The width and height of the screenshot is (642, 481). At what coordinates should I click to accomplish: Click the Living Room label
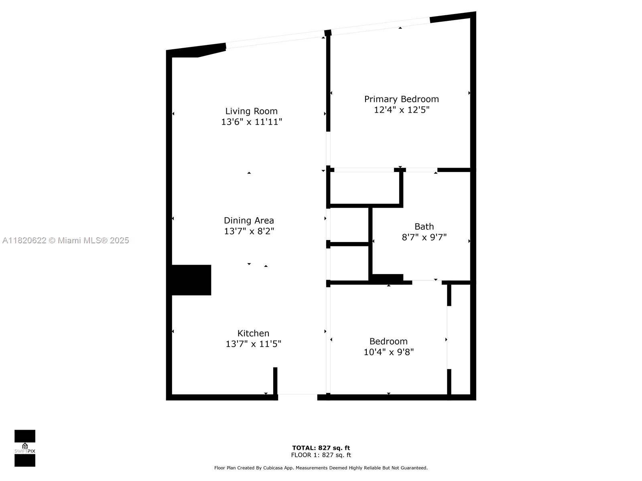[x=251, y=111]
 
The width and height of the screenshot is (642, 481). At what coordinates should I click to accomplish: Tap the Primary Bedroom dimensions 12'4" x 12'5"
[x=402, y=110]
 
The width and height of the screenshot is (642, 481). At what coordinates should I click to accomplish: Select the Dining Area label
[x=249, y=220]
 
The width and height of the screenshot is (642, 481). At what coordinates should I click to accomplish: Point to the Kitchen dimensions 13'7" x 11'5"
[x=253, y=344]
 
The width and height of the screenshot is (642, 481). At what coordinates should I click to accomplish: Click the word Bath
[x=424, y=226]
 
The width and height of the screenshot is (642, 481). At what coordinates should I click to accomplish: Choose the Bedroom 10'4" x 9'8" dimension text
[x=388, y=352]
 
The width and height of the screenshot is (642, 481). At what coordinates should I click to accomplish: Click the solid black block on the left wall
[x=191, y=280]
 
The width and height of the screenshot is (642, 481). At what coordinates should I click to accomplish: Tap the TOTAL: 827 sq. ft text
[x=321, y=448]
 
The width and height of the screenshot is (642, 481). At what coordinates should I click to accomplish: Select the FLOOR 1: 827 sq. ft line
[x=321, y=455]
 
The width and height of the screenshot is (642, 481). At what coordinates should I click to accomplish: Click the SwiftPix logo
[x=25, y=448]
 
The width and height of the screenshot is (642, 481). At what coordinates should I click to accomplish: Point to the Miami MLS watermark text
[x=66, y=240]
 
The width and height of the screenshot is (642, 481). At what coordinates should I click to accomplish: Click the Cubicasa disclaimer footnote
[x=321, y=468]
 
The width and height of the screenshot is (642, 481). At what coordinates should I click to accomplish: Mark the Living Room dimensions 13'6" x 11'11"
[x=252, y=122]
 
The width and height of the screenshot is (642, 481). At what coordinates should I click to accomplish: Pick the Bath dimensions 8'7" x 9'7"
[x=424, y=237]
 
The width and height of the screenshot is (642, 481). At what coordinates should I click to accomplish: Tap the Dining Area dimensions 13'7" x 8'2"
[x=249, y=231]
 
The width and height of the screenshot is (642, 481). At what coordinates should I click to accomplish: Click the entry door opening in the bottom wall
[x=297, y=397]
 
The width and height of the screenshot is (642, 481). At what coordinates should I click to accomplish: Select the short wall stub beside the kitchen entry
[x=275, y=381]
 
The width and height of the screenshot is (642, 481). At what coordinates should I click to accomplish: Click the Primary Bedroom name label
[x=402, y=99]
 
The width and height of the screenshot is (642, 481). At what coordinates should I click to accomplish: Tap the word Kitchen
[x=253, y=333]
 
